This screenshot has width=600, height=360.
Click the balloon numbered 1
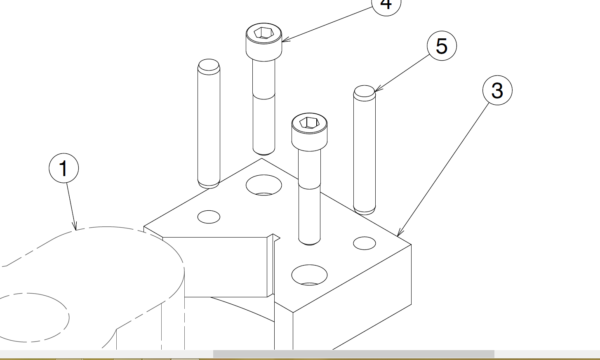(64, 168)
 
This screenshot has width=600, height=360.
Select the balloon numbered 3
(497, 90)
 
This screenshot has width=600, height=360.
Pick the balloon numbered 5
(442, 46)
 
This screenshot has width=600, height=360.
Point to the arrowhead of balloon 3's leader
(398, 235)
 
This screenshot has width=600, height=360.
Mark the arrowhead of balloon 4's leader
(284, 41)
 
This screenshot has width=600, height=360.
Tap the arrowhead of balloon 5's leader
(376, 91)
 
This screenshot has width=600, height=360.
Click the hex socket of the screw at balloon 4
(264, 33)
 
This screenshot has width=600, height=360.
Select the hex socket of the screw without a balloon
(309, 122)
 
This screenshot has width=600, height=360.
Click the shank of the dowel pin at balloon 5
(365, 153)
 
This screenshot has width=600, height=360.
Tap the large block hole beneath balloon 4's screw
(264, 185)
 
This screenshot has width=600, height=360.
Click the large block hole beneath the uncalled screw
(309, 275)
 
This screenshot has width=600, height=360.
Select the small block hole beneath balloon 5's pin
(365, 243)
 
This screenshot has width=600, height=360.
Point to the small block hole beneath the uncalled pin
(209, 216)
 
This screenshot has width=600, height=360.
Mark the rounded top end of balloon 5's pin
(365, 92)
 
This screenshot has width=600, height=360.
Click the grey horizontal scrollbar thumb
(353, 354)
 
